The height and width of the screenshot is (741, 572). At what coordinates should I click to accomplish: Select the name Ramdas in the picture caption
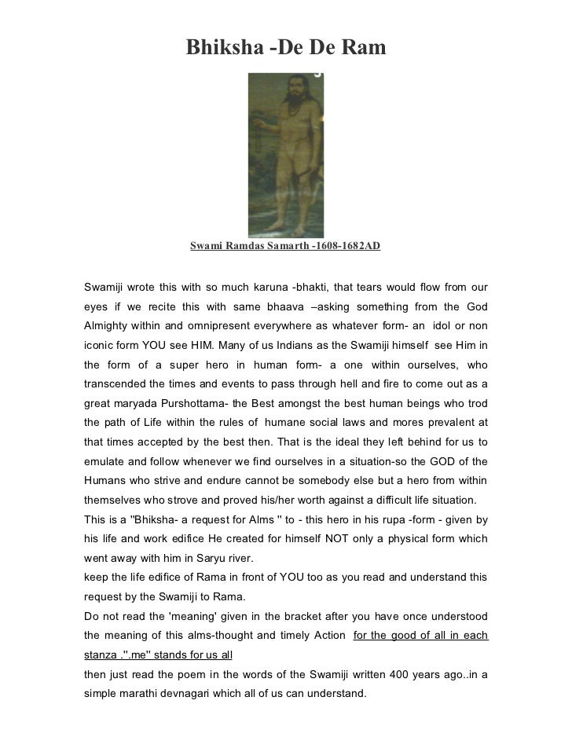pos(252,246)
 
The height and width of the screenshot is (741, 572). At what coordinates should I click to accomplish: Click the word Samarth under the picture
pos(292,246)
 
